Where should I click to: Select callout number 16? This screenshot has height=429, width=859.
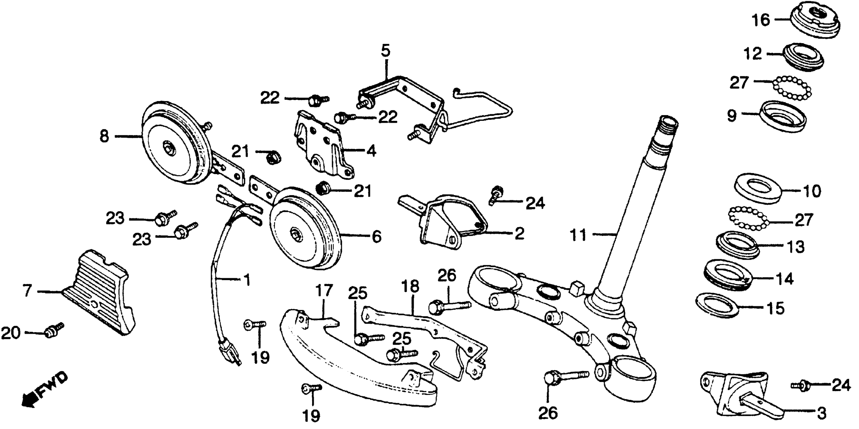761,21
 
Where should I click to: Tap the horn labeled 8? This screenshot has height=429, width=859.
173,143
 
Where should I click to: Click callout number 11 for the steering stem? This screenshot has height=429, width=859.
578,235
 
